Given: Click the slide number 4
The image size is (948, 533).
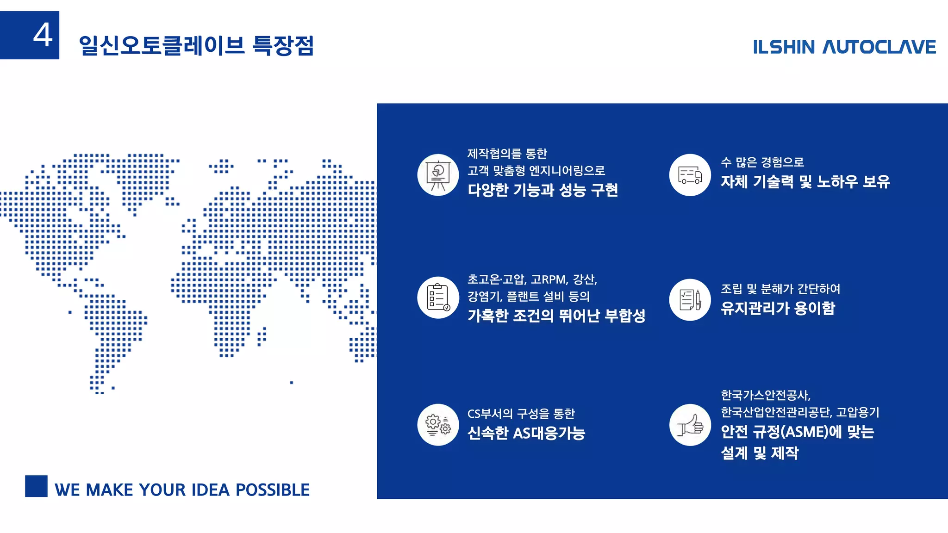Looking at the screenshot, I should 43,35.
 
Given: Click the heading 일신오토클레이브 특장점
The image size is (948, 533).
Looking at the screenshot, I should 196,46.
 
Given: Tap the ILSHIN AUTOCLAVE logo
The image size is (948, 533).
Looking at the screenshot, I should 844,47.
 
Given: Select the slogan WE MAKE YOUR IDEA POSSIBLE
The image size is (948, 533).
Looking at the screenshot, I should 182,490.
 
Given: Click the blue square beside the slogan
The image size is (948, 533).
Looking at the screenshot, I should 36,486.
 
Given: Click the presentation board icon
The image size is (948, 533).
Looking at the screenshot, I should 438,175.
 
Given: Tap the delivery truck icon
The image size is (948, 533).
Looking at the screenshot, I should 690,175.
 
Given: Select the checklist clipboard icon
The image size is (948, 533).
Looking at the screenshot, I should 438,297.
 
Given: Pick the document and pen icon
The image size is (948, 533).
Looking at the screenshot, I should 690,299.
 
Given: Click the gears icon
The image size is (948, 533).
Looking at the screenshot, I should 438,425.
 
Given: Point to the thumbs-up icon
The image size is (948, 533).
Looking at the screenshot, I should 690,425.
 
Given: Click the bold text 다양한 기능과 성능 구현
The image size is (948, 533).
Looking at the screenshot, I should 543,190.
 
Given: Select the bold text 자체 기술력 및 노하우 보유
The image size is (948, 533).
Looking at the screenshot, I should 805,181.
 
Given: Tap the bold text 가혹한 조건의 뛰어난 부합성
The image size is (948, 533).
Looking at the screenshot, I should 556,316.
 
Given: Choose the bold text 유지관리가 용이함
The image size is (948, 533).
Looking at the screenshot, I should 778,308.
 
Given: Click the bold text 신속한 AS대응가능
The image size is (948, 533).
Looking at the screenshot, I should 526,433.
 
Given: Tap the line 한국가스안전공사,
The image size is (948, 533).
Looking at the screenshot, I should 766,395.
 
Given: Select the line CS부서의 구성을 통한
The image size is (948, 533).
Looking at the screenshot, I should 521,413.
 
